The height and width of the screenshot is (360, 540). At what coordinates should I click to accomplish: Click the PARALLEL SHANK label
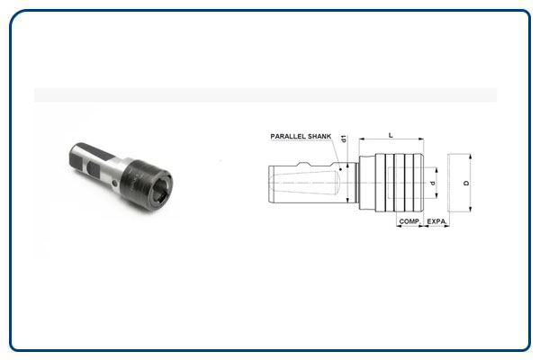pos(301,137)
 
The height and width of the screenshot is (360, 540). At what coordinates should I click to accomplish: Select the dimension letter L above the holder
pos(390,133)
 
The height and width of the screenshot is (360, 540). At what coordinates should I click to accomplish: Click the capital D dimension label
pos(465,183)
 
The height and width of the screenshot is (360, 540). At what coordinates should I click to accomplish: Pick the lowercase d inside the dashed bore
pos(433,183)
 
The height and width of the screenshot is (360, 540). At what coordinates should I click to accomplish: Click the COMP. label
pos(409,220)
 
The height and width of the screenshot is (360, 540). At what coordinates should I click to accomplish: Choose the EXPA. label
pos(437,220)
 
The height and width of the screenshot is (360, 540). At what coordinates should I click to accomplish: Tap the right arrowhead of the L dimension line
pos(420,139)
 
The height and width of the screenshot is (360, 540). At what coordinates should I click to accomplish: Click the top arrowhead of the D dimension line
pos(472,157)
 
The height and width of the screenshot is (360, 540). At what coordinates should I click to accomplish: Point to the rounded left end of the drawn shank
pos(272,183)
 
